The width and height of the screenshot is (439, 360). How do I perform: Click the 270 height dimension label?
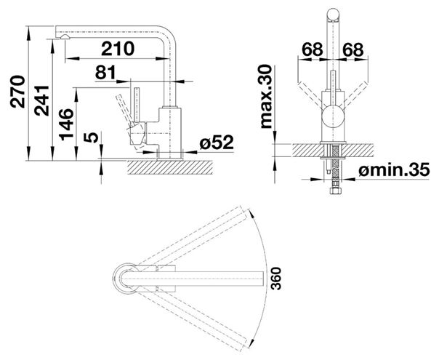coord(17,92)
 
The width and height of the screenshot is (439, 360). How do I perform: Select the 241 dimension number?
coord(41,100)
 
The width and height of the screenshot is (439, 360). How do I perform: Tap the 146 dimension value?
coord(66,124)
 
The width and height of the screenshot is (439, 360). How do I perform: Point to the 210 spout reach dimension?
coord(118,49)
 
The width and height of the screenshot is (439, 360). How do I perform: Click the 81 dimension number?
coord(105,72)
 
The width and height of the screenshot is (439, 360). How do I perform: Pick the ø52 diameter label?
coord(217,143)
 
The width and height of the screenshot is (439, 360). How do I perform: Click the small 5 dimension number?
coord(92,137)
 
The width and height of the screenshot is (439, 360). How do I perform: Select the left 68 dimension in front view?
coord(313,50)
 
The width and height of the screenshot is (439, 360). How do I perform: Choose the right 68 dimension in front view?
coord(353,50)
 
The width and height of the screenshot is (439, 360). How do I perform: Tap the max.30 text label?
coord(266,97)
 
